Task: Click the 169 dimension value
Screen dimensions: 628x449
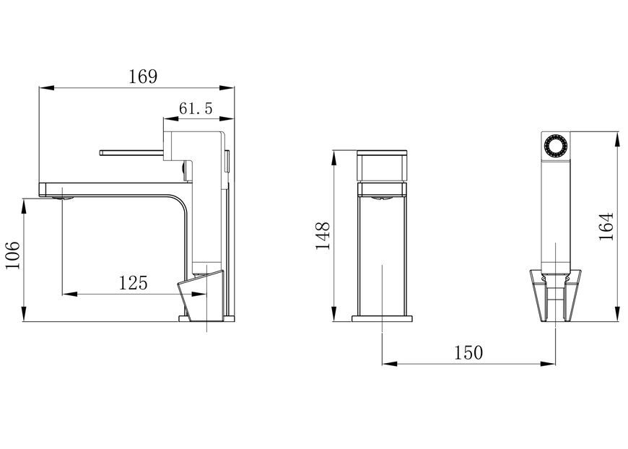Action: click(143, 77)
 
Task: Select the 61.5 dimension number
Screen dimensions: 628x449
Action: click(196, 108)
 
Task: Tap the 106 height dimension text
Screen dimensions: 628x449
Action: click(12, 256)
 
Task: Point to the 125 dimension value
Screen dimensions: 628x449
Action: click(134, 283)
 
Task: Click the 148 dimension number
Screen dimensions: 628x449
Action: click(323, 235)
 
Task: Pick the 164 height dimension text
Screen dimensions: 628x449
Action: click(606, 227)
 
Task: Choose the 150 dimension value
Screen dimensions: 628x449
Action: click(468, 353)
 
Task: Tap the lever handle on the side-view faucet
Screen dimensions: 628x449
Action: click(131, 152)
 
